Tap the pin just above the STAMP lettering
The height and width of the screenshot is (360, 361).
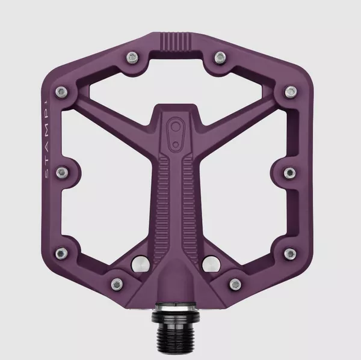61,91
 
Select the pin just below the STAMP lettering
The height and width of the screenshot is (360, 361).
61,171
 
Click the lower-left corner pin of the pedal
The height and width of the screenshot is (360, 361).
61,251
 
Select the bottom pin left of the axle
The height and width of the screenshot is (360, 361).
116,281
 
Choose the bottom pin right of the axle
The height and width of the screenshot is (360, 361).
234,281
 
